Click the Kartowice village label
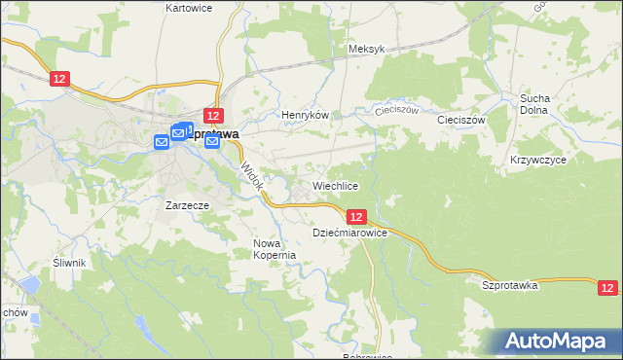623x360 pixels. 189,7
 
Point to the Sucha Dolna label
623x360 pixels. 535,104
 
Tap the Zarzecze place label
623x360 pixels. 188,206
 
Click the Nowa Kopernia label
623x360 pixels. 274,249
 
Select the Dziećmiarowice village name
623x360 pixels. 350,234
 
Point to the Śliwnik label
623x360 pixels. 70,263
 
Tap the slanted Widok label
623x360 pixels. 252,176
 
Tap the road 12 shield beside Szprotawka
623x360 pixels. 607,287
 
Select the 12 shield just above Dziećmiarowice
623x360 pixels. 356,217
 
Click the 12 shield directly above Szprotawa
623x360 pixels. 215,115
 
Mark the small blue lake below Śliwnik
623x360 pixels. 28,285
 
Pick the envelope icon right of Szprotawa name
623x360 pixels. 212,143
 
